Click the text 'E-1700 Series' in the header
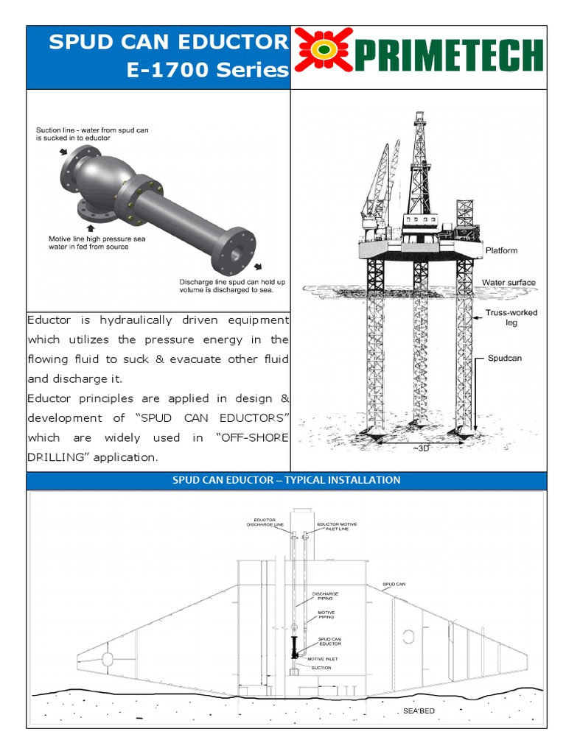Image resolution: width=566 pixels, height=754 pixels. pos(208,70)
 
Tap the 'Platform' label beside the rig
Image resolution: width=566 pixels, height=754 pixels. pos(501,250)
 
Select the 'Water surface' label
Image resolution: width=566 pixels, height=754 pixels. pos(509,282)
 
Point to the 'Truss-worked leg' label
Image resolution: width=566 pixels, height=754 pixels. pos(511,317)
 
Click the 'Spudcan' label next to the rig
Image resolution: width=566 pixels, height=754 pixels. pos(504,359)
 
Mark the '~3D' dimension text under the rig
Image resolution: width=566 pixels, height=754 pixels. pos(420,448)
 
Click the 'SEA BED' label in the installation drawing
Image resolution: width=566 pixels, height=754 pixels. pos(419,711)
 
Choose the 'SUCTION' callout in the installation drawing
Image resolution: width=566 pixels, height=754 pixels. pos(321,668)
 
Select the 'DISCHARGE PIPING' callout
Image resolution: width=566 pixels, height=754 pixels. pos(325,595)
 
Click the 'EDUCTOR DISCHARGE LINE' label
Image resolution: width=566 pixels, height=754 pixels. pos(265,524)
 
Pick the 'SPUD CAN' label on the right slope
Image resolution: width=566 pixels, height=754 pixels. pos(394,585)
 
